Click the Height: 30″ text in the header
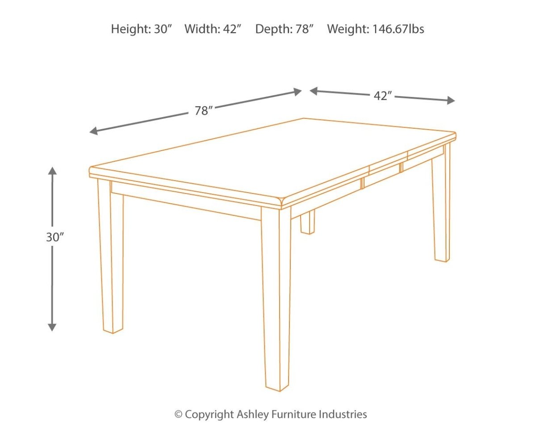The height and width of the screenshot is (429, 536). click(142, 29)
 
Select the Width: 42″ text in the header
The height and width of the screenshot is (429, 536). click(213, 29)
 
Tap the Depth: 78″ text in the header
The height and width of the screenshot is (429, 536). click(284, 29)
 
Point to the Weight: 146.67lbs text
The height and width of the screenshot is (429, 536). click(376, 29)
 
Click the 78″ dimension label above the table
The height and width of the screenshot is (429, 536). click(204, 111)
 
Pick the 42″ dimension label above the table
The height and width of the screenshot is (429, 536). click(383, 96)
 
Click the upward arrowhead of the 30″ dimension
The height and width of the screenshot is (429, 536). click(52, 171)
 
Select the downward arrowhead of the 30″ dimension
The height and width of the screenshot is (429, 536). click(52, 327)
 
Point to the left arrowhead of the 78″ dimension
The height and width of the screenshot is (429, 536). click(94, 130)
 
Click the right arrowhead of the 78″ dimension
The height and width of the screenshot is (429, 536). click(297, 92)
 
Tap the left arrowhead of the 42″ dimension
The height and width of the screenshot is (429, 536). click(314, 91)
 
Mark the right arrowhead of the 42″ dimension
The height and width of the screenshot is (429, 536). click(451, 100)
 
